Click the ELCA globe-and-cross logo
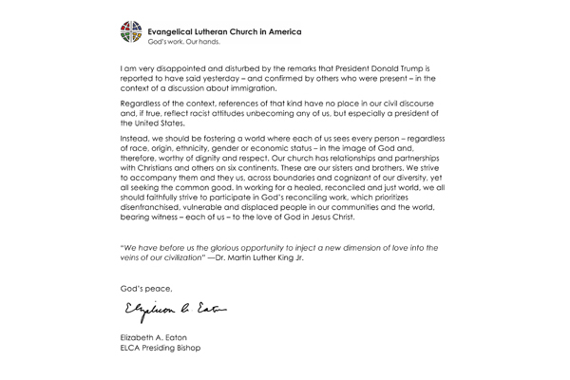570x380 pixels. click(133, 35)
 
